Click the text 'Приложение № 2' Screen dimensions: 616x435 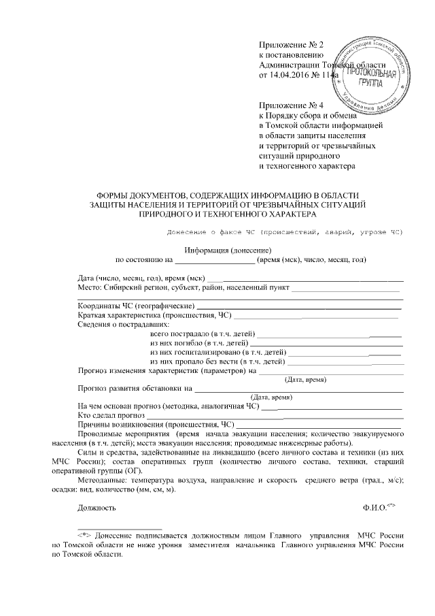coord(292,44)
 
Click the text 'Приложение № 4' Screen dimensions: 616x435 coord(292,106)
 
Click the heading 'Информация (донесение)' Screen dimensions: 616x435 coord(218,249)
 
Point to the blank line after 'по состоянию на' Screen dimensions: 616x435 coord(215,260)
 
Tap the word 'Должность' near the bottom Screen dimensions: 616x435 coord(97,508)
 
